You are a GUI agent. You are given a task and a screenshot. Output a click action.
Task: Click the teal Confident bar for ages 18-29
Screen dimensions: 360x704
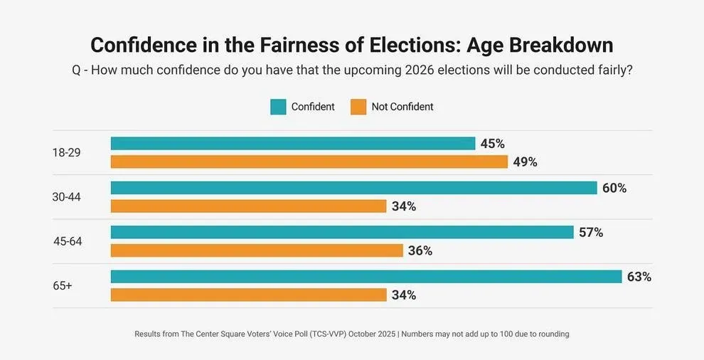pyautogui.click(x=292, y=144)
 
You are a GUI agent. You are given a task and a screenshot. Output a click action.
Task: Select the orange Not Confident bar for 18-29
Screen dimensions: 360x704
pyautogui.click(x=309, y=162)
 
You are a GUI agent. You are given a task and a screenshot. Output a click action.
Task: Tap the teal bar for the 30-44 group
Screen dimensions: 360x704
pyautogui.click(x=353, y=188)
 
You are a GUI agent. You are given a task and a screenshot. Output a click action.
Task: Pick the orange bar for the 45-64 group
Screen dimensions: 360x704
pyautogui.click(x=257, y=250)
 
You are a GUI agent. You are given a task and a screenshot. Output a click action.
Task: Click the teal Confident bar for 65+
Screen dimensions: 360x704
pyautogui.click(x=366, y=277)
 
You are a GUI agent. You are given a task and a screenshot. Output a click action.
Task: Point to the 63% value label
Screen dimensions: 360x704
pyautogui.click(x=639, y=277)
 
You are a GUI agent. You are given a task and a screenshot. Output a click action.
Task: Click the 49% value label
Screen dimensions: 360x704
pyautogui.click(x=524, y=162)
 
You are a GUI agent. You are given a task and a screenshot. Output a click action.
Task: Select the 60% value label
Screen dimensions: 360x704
pyautogui.click(x=614, y=188)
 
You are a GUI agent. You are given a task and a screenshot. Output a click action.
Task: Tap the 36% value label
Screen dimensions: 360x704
pyautogui.click(x=420, y=250)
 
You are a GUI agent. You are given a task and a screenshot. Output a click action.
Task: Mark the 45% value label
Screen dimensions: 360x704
pyautogui.click(x=492, y=144)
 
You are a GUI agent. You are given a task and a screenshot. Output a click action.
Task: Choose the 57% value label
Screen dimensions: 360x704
pyautogui.click(x=590, y=233)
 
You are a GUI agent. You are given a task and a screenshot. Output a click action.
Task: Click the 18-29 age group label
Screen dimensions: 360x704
pyautogui.click(x=66, y=152)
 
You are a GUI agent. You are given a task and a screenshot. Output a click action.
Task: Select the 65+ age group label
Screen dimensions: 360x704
pyautogui.click(x=63, y=286)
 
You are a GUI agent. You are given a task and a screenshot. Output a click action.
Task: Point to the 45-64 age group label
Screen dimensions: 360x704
pyautogui.click(x=68, y=241)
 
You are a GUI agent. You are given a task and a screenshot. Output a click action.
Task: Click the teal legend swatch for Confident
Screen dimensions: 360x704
pyautogui.click(x=278, y=107)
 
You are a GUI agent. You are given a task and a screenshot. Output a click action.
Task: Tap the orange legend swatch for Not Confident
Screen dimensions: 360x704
pyautogui.click(x=358, y=107)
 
